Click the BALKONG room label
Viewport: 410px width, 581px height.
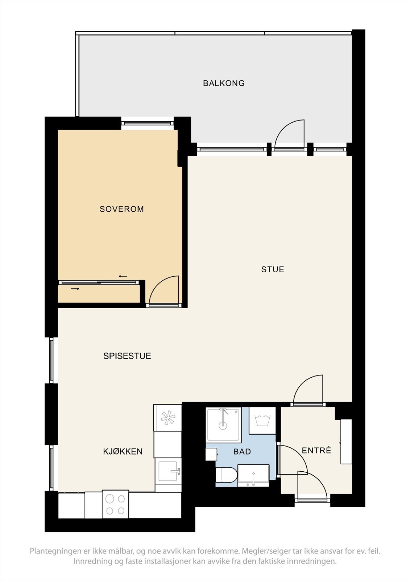click(x=224, y=83)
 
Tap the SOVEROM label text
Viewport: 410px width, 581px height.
click(x=122, y=209)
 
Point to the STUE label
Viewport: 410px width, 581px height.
click(x=273, y=269)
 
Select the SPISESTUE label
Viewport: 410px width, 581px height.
click(x=127, y=356)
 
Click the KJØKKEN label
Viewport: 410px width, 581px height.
click(x=123, y=451)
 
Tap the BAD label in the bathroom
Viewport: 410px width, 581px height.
click(x=242, y=452)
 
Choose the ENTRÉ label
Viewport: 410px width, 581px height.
click(x=316, y=450)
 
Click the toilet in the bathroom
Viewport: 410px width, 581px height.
click(x=226, y=475)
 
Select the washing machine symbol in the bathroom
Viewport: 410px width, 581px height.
click(x=262, y=420)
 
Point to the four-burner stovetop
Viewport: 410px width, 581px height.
click(x=116, y=504)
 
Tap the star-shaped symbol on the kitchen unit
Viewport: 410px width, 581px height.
click(x=168, y=418)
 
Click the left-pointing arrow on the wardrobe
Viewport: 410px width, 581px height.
click(x=123, y=276)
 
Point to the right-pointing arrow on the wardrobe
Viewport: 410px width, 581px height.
click(x=75, y=289)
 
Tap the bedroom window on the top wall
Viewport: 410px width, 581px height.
click(x=148, y=123)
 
